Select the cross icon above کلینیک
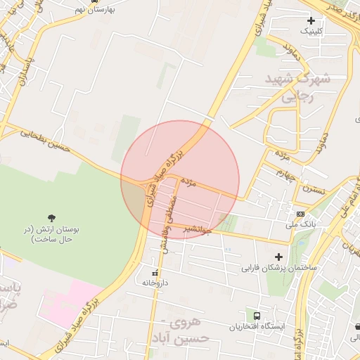[311, 20]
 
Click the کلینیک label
[313, 31]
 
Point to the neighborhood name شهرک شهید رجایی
[297, 88]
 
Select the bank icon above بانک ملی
[301, 214]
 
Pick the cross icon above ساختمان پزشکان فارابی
[279, 257]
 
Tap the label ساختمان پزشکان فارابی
[280, 268]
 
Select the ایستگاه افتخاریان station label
[257, 327]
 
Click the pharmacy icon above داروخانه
[155, 271]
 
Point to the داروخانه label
[156, 282]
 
